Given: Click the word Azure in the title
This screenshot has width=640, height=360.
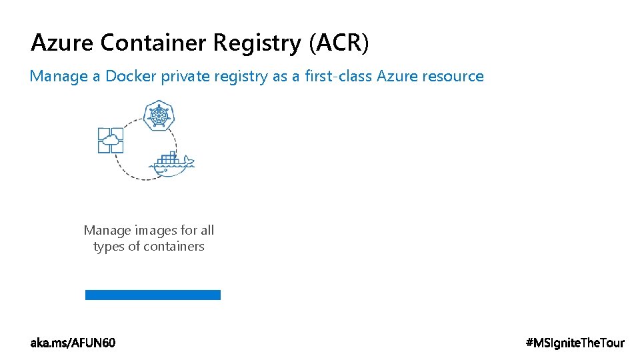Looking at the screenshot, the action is coord(63,43).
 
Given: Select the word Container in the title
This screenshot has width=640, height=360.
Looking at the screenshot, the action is coord(154,43).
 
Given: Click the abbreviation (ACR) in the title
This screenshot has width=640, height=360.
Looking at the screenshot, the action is coord(338,43).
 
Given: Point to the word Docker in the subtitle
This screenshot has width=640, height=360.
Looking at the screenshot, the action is coord(130,76).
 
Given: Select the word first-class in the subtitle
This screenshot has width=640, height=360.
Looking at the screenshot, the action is coord(339,76).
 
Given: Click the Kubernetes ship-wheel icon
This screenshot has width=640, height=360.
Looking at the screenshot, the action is coord(158,115).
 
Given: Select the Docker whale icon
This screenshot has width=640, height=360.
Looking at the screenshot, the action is coord(173,167).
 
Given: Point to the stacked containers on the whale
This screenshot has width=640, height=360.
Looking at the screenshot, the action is coord(167,159).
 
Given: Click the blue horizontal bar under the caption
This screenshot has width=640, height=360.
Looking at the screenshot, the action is coord(153,295).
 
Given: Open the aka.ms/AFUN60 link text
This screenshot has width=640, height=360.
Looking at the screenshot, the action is coord(73,343).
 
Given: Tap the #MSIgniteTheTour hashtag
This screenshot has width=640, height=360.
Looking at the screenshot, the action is coord(575,343).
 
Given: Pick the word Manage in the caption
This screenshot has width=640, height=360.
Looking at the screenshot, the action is coord(107,231).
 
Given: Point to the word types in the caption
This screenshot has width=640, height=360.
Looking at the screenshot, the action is coord(109,247).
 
